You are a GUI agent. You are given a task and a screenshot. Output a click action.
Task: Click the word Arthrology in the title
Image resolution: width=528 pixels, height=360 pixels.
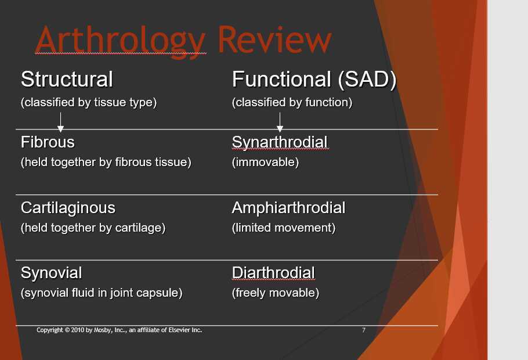click(x=120, y=40)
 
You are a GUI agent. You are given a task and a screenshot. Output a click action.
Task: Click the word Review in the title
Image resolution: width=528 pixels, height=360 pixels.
click(x=274, y=40)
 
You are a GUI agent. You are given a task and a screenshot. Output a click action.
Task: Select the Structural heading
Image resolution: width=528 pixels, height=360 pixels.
click(x=67, y=79)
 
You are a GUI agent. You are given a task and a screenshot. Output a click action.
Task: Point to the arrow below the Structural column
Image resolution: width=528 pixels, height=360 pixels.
click(x=60, y=123)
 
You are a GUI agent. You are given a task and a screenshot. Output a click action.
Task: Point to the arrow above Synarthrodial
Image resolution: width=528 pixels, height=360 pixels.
click(x=280, y=123)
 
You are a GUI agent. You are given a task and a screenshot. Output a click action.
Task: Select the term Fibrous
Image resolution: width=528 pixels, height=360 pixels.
click(x=48, y=142)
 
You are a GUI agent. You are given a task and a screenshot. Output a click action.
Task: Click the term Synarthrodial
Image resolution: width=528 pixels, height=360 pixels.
click(x=280, y=142)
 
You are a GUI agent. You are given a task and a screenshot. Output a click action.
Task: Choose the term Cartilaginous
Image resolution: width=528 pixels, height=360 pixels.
click(x=68, y=208)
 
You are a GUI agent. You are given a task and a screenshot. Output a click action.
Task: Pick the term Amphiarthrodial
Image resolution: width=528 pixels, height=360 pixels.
click(x=288, y=208)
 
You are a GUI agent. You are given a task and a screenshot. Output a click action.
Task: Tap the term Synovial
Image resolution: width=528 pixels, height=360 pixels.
click(x=51, y=273)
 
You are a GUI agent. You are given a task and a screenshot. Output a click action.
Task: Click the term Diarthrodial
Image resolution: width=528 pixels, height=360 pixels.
click(x=273, y=273)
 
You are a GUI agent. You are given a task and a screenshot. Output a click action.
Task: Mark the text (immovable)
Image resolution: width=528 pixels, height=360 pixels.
click(x=265, y=163)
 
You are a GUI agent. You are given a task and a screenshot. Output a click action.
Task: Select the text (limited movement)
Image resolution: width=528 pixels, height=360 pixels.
click(x=284, y=228)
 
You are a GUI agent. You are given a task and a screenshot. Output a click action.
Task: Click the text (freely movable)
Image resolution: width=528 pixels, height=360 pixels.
click(x=276, y=293)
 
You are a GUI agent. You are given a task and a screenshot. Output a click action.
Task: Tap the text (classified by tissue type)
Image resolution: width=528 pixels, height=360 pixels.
click(x=89, y=103)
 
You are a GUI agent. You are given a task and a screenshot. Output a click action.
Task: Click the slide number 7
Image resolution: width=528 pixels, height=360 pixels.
click(x=364, y=330)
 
